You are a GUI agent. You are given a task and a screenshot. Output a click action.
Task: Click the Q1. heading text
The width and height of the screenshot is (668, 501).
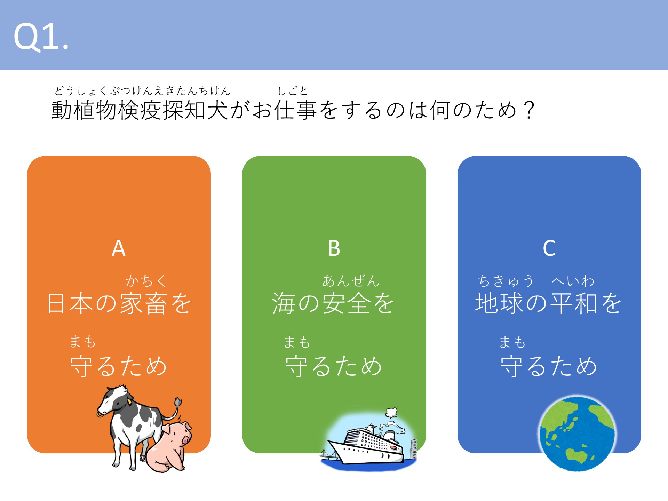pyautogui.click(x=41, y=37)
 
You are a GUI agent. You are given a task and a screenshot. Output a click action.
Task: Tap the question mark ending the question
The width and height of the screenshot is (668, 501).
pyautogui.click(x=529, y=110)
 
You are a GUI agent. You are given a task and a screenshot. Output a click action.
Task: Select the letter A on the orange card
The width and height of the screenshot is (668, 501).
pyautogui.click(x=119, y=248)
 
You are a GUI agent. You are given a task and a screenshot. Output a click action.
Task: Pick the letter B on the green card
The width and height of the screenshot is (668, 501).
pyautogui.click(x=334, y=248)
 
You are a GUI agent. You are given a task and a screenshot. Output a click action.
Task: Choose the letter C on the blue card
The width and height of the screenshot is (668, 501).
pyautogui.click(x=549, y=248)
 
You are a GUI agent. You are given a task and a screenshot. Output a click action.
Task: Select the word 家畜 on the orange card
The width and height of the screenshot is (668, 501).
pyautogui.click(x=144, y=303)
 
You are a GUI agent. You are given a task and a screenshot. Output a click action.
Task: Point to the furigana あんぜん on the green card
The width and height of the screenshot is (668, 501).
pyautogui.click(x=351, y=281)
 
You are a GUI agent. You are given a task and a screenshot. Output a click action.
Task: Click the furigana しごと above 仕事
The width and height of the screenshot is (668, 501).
pyautogui.click(x=292, y=91)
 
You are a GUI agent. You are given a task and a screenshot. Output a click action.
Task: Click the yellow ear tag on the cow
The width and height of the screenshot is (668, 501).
pyautogui.click(x=129, y=401)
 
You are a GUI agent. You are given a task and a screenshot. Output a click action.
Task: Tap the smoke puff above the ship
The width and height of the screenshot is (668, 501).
pyautogui.click(x=391, y=413)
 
